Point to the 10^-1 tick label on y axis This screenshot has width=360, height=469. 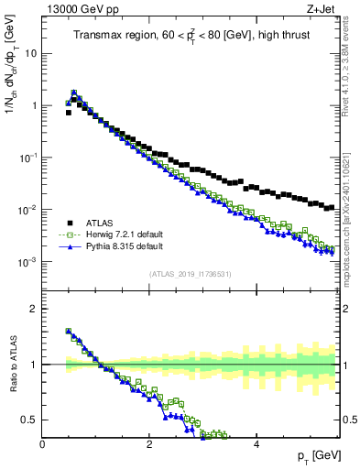(27, 158)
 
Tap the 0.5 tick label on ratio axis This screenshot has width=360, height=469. (29, 420)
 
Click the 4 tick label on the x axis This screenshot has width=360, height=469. (256, 444)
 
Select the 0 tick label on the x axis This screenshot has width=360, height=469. (42, 444)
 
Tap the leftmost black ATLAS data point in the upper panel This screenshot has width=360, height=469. (69, 113)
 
